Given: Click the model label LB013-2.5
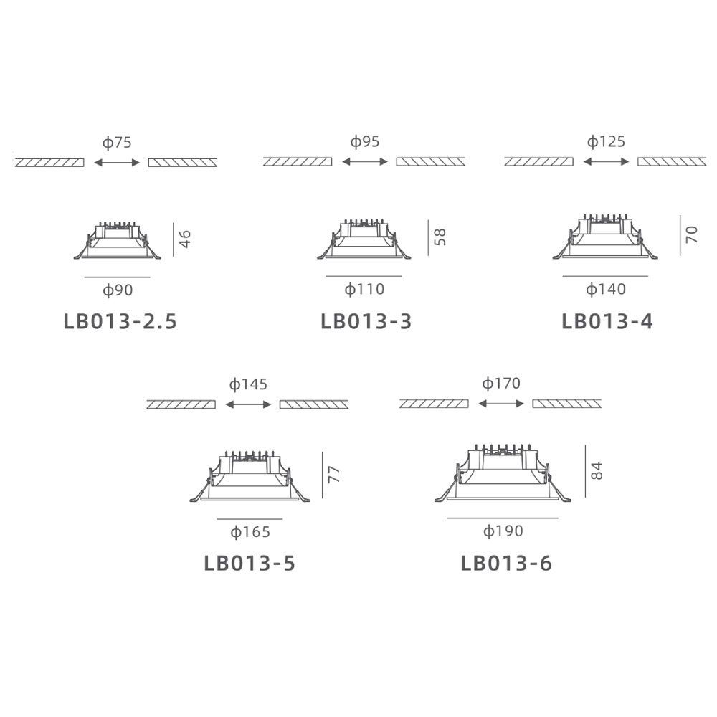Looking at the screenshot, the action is (120, 321).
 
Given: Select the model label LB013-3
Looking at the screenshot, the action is (366, 321).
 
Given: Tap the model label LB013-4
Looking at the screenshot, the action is (607, 321).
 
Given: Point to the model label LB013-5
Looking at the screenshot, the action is (250, 563).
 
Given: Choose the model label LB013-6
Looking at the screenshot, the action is (506, 563).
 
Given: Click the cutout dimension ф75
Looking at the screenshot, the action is (117, 143).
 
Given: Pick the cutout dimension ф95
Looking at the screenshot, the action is (365, 142).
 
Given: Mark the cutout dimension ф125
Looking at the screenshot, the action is (606, 142).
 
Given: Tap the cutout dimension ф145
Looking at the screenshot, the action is (248, 384).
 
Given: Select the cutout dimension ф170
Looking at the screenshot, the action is (501, 383).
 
